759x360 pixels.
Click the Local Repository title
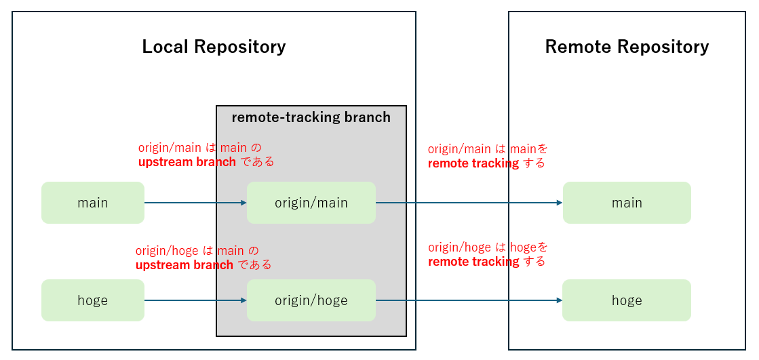pos(214,47)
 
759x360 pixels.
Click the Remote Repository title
pos(627,47)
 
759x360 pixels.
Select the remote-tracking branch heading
pos(311,117)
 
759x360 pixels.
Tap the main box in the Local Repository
pos(93,203)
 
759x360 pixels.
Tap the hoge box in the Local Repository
pos(93,300)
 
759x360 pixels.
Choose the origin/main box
pos(311,203)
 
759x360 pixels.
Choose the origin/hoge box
pos(311,300)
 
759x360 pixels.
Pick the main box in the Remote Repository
pos(627,203)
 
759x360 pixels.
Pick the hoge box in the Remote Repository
pos(627,300)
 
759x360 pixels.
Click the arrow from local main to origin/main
pos(193,203)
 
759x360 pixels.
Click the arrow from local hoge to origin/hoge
pos(193,300)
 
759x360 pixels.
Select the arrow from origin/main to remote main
pos(468,203)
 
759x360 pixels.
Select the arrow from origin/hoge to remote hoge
pos(468,300)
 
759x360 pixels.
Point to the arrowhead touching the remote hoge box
pos(559,300)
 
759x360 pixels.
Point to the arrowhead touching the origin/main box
pos(243,203)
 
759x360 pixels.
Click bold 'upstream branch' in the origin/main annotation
pos(187,162)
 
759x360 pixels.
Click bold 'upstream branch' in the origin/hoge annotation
pos(184,265)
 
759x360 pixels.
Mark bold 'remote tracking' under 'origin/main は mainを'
pos(473,163)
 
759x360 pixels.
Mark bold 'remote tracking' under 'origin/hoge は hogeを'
pos(473,262)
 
